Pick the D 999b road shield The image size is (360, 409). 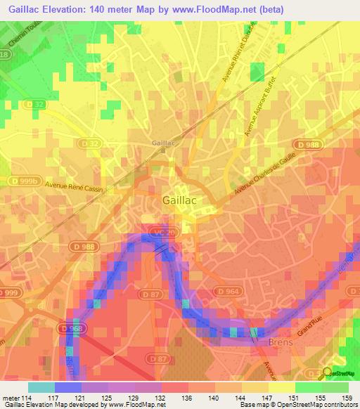(x=23, y=181)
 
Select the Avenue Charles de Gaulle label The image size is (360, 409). (x=264, y=171)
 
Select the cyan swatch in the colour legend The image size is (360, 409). (x=41, y=387)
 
